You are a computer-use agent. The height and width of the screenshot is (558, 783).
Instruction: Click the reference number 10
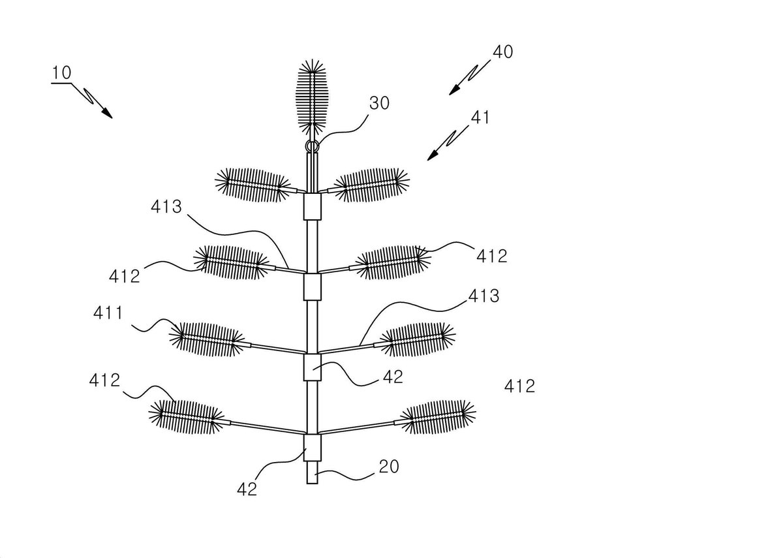coord(61,72)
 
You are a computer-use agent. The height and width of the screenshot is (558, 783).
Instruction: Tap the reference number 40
coord(503,52)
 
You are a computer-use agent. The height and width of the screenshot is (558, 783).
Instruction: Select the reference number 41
coord(480,117)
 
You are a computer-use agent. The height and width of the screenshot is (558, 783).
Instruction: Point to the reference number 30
coord(379,103)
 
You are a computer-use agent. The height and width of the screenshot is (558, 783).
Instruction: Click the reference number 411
coord(108,313)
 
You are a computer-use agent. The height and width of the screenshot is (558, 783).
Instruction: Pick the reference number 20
coord(389,467)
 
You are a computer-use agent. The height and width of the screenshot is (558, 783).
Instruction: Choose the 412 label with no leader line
coord(520,386)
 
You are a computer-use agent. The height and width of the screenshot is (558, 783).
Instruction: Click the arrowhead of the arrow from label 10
coord(108,114)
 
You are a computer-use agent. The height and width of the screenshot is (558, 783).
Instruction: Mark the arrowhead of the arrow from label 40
coord(453,90)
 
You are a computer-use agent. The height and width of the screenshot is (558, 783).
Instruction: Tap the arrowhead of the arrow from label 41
coord(433,156)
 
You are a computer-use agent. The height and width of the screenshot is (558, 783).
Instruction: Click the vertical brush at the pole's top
coord(312,97)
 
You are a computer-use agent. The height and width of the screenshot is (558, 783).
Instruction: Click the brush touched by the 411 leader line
coord(207,339)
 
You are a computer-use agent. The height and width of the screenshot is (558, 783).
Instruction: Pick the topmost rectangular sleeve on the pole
coord(312,206)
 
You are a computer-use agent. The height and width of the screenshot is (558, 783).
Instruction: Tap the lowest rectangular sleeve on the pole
coord(312,448)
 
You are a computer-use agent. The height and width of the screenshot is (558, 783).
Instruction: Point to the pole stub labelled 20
coord(312,473)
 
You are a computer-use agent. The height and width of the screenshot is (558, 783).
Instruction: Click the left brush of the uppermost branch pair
coord(253,185)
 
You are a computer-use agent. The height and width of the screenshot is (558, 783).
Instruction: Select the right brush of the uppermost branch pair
coord(371,185)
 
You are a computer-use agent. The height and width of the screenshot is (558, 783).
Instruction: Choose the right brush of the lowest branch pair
coord(438,417)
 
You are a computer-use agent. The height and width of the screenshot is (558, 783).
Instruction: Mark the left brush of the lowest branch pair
coord(187,417)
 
